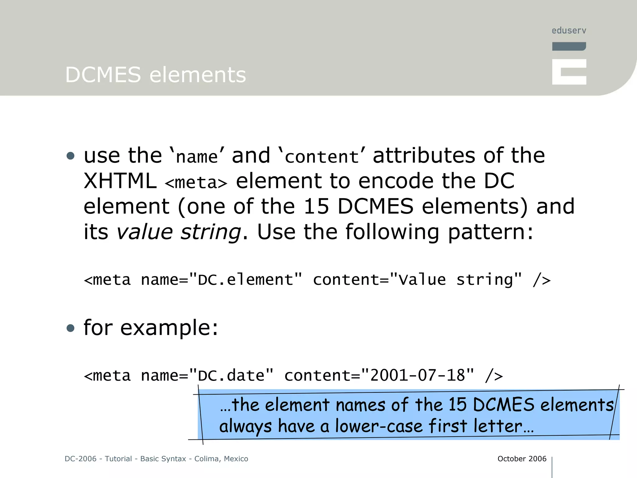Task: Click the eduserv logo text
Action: (x=569, y=30)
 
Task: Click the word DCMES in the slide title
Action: (x=103, y=75)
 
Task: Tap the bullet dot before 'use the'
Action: (x=71, y=156)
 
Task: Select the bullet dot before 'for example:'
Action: (x=71, y=328)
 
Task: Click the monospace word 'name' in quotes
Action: (x=197, y=157)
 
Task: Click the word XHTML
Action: (x=120, y=181)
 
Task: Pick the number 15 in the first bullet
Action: (x=316, y=206)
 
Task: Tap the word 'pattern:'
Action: (x=491, y=232)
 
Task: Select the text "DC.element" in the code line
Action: (x=245, y=280)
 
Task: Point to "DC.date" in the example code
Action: (x=231, y=376)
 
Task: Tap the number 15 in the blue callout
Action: (x=457, y=405)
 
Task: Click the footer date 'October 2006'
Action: (x=522, y=459)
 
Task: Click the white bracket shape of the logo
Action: (x=569, y=72)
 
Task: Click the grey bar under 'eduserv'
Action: (x=569, y=46)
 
